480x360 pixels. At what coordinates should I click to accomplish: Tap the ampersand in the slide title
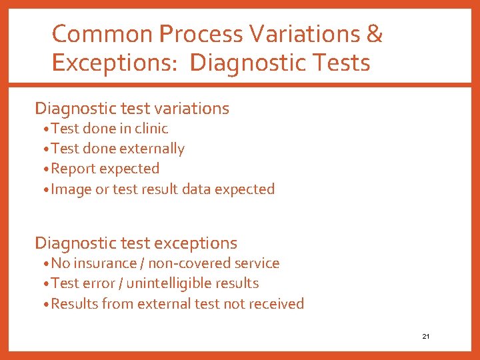pyautogui.click(x=374, y=34)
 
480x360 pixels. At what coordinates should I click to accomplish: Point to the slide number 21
pyautogui.click(x=425, y=337)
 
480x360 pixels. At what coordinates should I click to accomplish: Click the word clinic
pyautogui.click(x=151, y=128)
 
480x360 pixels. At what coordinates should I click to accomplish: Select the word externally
pyautogui.click(x=151, y=149)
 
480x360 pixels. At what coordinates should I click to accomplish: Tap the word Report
pyautogui.click(x=72, y=169)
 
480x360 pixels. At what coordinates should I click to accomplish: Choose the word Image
pyautogui.click(x=71, y=189)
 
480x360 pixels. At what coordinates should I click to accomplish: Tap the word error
pyautogui.click(x=98, y=283)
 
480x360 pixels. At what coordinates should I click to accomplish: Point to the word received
pyautogui.click(x=275, y=304)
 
